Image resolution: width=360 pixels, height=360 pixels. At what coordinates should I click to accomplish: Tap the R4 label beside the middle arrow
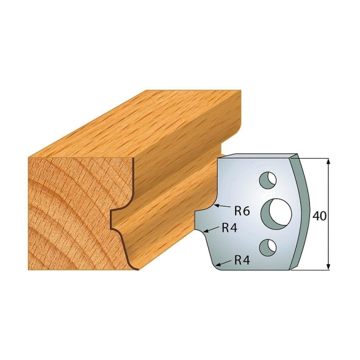coord(229,228)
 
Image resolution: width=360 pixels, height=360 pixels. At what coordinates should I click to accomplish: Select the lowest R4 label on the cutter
coord(243,261)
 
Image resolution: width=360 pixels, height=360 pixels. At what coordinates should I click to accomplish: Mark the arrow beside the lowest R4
coord(224,262)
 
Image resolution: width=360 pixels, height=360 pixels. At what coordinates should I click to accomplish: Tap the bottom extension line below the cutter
coord(314,268)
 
